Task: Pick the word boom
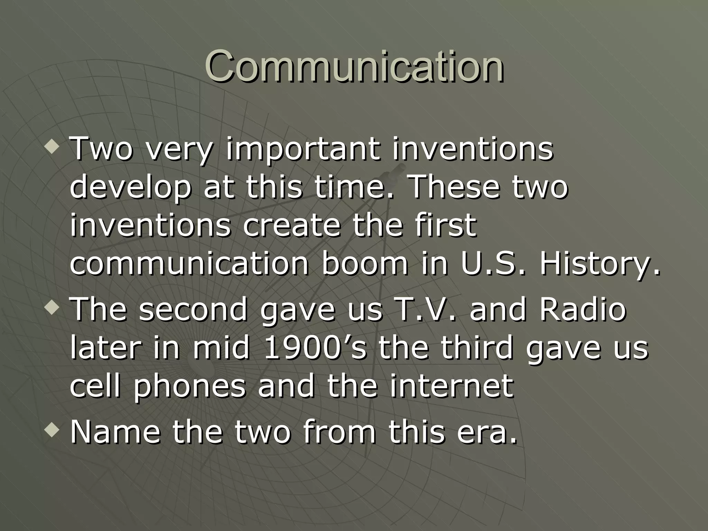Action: (x=365, y=263)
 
